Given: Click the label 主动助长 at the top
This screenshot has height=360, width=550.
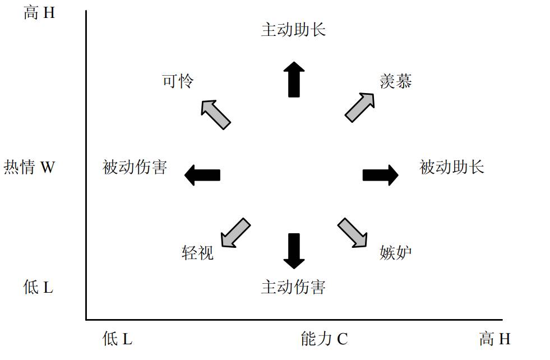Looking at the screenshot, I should click(x=293, y=29).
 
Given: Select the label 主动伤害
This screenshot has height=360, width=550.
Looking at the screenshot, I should click(x=293, y=287).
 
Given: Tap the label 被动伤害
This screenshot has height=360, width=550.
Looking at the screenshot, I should click(x=135, y=167).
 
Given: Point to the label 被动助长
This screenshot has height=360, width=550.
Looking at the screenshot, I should click(x=452, y=167).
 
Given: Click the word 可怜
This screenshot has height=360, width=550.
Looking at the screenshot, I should click(x=178, y=81).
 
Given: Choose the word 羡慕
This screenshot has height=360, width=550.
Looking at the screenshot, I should click(x=396, y=81).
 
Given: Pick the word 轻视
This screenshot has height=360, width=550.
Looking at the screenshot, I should click(x=197, y=252).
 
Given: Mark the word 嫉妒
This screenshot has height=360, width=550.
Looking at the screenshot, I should click(x=396, y=252).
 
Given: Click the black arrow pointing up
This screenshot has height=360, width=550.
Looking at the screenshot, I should click(x=293, y=79).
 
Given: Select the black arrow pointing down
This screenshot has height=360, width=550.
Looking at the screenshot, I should click(x=293, y=250).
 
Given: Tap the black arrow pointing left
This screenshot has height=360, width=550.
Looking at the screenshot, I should click(x=202, y=175).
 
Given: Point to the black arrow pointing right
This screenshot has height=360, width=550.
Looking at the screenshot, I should click(x=380, y=175).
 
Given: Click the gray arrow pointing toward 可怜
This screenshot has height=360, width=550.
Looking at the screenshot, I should click(x=215, y=114).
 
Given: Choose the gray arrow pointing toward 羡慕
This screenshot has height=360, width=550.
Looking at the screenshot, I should click(x=360, y=107).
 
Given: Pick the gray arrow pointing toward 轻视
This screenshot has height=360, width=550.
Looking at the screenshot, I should click(x=235, y=232).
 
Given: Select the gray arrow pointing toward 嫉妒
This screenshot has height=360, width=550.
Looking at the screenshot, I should click(x=353, y=233).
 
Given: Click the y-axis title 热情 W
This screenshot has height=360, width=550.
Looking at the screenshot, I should click(x=29, y=167).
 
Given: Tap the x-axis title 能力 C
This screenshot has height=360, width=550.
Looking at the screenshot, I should click(x=324, y=339).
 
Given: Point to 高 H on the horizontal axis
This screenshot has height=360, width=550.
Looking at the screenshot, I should click(x=494, y=339).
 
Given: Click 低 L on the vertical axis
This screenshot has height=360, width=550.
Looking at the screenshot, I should click(x=38, y=288).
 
